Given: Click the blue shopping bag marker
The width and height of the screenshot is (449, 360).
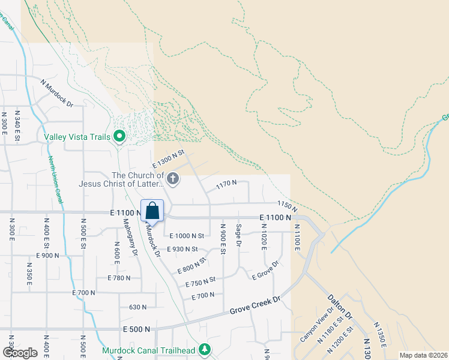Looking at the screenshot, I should click(x=152, y=211).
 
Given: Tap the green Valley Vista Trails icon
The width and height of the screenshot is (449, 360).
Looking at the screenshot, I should click(x=119, y=137).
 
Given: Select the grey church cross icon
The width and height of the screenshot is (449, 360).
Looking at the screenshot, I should click(x=173, y=178).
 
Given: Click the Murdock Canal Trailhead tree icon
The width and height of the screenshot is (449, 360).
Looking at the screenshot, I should click(x=205, y=349).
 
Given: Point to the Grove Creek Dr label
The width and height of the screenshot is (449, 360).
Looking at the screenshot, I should click(x=255, y=305).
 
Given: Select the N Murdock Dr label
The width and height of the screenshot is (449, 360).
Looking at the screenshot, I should click(x=57, y=93).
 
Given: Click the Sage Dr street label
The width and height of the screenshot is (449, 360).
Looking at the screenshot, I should click(x=238, y=235).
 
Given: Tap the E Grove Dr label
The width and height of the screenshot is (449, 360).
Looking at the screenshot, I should click(x=266, y=270).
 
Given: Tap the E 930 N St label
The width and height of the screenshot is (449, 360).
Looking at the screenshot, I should click(x=182, y=249).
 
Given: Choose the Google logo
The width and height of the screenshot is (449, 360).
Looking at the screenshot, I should click(x=20, y=352).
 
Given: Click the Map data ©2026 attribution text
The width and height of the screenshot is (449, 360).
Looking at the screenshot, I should click(x=423, y=355).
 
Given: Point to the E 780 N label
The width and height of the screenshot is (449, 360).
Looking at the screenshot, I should click(x=119, y=278).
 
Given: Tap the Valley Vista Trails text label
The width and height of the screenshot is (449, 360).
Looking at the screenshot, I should click(x=79, y=137).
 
